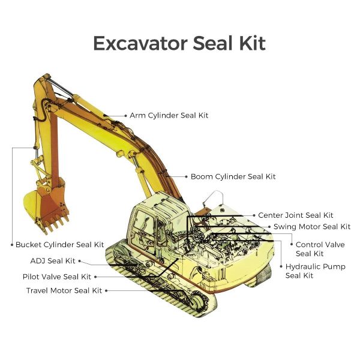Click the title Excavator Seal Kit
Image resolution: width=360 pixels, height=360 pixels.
coord(179,43)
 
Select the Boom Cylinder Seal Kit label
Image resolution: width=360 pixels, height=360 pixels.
coord(233,176)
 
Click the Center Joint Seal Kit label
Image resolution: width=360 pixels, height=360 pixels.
coord(295,215)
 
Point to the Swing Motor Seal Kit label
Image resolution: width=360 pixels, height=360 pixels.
coord(311,226)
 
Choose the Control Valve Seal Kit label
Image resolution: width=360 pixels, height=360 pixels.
coord(320,249)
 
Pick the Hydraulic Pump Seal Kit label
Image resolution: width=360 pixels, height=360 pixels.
coord(315,271)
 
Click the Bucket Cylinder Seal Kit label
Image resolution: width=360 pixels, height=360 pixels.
coord(59,245)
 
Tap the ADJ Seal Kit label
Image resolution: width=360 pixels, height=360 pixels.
coord(53,260)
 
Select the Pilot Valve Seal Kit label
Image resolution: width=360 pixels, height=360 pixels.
coord(56,277)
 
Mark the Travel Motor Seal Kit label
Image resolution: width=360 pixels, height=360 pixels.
coord(64,290)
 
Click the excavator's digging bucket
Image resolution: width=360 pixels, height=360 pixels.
coord(45,207)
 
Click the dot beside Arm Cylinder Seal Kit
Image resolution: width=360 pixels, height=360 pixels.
coord(125,115)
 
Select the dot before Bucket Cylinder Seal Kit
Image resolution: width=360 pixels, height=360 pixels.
coord(11,245)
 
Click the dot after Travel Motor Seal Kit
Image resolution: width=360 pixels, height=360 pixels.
coord(107,290)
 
